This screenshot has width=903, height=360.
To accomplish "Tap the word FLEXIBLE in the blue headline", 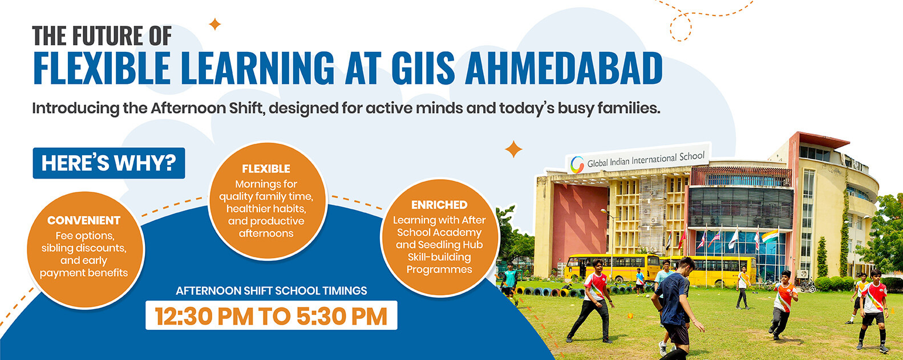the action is tap(102, 67).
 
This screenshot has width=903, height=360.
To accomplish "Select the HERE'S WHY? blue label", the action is tap(109, 163).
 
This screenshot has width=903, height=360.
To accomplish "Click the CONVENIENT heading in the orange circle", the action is tap(84, 221).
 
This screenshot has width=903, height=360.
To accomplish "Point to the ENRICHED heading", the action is tap(439, 205).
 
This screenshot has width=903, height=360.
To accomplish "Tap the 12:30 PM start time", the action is tap(204, 316).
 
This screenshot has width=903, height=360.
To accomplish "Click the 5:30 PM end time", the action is tap(342, 316).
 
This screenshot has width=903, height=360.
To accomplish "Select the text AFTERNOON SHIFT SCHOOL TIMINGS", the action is tap(272, 290).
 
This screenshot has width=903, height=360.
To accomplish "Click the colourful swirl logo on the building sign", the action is tap(577, 165).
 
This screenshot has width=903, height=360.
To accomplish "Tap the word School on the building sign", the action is tap(692, 156).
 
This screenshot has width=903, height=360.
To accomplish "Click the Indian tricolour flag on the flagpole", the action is tap(770, 236).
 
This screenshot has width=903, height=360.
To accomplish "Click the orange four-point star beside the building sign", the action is tap(513, 149).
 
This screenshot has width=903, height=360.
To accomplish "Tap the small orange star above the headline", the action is tap(215, 24).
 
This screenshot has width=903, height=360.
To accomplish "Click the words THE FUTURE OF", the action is tap(102, 35).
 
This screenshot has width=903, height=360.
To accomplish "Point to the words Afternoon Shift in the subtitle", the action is tap(207, 108).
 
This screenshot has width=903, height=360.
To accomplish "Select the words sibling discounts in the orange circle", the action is tap(84, 248).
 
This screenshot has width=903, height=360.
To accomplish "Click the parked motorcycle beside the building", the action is tap(808, 285).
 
